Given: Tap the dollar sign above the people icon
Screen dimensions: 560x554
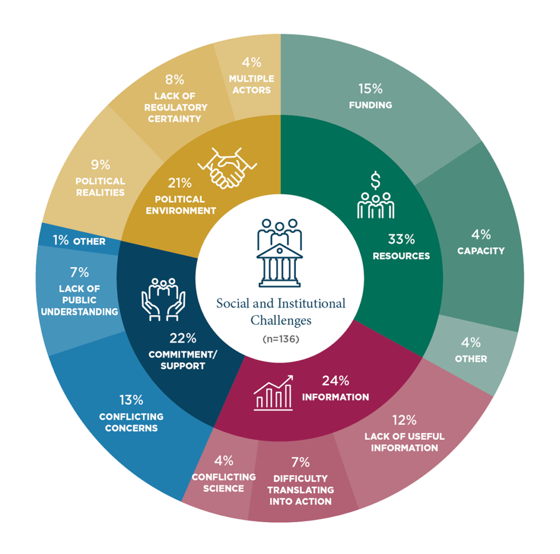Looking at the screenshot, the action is point(375,181).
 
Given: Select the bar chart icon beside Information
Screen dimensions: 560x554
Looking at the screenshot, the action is point(273,393).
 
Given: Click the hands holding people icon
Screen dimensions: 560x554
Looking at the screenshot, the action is point(164,299).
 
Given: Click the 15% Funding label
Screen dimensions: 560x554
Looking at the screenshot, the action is point(370,96).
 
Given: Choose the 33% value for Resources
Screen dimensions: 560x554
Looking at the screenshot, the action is point(401,239).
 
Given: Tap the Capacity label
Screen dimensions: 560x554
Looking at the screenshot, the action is point(481,251).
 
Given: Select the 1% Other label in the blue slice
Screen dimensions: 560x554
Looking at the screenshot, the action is point(79,240).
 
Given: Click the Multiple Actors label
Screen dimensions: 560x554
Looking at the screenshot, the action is point(252,84).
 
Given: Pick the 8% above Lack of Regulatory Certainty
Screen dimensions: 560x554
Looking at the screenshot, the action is point(174,79).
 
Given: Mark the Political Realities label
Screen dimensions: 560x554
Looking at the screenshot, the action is point(101,187).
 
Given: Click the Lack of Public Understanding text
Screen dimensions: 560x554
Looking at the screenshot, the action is point(79,300).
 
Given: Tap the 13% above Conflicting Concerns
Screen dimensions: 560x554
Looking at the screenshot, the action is point(131,400).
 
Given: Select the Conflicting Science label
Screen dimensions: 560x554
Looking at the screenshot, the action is point(224,483).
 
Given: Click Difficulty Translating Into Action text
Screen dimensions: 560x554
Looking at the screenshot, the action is point(300,490).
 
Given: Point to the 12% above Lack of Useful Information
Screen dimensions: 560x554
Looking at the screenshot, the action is point(404,420).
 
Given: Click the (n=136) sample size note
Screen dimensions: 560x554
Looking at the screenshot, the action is point(281,339).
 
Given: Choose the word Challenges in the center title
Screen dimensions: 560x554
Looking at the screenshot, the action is point(281,320).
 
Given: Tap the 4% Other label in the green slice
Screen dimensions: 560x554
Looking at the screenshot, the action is point(471,350).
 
